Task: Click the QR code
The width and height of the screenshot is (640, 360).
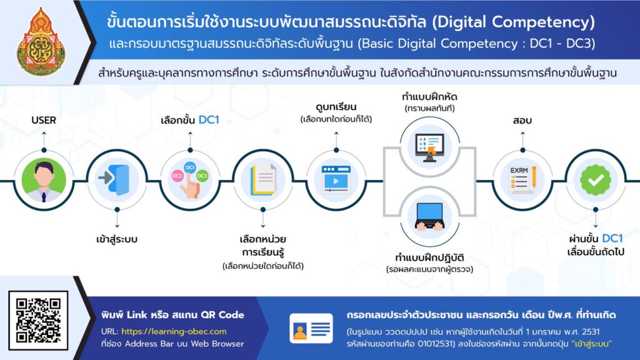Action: point(38,321)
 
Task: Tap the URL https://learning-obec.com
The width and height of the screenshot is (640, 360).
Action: point(174,331)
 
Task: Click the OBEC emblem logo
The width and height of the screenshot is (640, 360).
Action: point(41,42)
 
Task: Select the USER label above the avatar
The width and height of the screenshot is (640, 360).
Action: point(44,121)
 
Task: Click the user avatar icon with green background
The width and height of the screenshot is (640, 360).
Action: point(44,180)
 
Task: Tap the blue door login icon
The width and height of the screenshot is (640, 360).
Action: point(115,179)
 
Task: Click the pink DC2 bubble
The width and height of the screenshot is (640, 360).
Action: point(177,176)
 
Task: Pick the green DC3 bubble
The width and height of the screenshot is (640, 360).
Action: point(202,176)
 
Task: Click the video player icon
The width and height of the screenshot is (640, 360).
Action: point(336,179)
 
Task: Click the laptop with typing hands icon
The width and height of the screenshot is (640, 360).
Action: point(429,216)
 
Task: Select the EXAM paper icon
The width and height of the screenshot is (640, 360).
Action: point(523,179)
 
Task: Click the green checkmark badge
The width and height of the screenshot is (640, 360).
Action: point(596,179)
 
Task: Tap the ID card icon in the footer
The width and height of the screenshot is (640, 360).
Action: point(311,328)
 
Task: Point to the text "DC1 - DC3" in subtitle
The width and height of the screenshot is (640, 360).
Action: point(562,44)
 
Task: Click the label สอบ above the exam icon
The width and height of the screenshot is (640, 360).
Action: point(522,121)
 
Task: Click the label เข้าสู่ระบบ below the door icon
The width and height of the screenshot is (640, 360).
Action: point(117,239)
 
